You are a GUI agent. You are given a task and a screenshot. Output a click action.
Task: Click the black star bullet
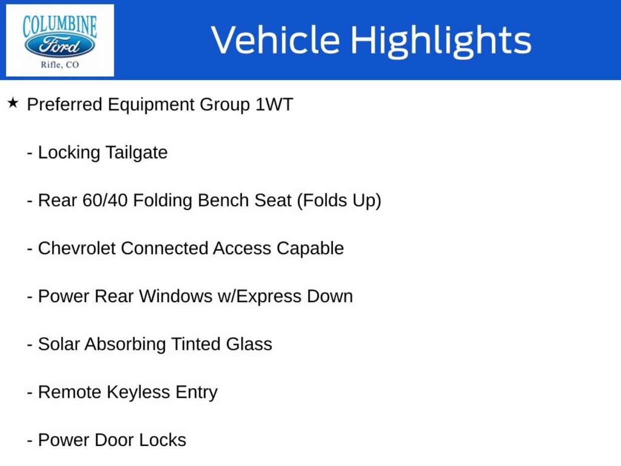point(13,103)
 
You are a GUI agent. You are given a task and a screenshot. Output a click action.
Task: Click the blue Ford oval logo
point(60,46)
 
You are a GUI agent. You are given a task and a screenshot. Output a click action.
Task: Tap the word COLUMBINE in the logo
point(60,27)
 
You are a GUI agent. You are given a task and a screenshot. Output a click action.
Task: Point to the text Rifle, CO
point(60,65)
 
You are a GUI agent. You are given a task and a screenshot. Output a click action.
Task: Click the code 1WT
point(274,104)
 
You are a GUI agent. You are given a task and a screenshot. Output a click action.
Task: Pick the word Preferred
point(65,104)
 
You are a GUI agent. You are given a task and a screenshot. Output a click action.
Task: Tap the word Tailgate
point(137,153)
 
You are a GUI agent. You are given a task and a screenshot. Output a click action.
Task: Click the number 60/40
point(105,200)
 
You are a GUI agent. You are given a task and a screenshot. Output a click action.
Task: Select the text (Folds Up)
point(339,201)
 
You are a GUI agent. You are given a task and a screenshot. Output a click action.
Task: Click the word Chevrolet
point(77,248)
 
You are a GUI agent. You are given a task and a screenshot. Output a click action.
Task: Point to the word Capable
point(310,249)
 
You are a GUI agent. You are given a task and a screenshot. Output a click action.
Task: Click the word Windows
point(175,296)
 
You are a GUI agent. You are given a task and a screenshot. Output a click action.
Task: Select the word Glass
point(249,344)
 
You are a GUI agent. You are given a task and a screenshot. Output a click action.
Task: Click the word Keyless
point(138,392)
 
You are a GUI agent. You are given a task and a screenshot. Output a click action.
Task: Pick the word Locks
point(162,440)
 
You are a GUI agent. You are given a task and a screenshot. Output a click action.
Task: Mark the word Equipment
point(151,105)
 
